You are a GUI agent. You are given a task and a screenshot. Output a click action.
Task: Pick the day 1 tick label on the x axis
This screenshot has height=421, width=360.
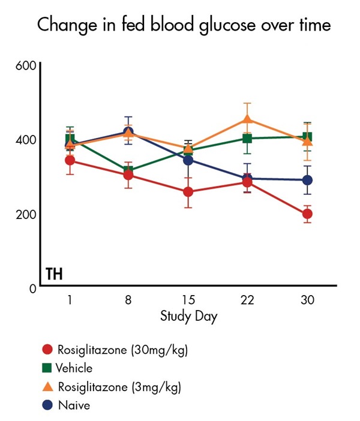(70, 300)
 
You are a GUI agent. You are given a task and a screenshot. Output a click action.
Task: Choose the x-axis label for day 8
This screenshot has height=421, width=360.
(128, 300)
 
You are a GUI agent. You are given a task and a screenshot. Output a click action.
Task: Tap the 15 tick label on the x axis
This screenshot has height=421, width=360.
(188, 300)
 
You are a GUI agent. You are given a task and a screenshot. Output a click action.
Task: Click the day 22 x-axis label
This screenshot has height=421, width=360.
(247, 300)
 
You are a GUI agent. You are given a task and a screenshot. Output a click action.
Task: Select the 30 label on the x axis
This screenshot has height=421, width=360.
(307, 300)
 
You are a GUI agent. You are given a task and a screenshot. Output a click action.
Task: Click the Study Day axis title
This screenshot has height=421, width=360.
(188, 316)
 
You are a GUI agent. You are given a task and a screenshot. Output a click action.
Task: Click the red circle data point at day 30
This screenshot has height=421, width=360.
(307, 214)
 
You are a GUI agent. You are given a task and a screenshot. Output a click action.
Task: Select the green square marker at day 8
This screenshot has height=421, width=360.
(128, 171)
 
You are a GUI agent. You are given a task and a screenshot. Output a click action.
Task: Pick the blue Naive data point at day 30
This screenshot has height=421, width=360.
(307, 180)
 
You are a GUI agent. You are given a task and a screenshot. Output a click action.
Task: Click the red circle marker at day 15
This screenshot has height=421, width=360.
(188, 192)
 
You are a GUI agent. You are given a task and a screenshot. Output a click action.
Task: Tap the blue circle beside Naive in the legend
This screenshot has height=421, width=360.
(47, 405)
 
